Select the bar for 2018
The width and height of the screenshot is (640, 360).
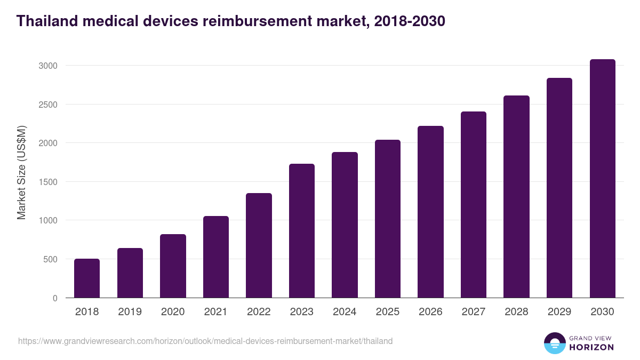(87, 278)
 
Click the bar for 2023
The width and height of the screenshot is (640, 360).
(302, 231)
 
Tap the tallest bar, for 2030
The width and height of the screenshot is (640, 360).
(602, 179)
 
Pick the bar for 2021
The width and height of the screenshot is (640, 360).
(216, 257)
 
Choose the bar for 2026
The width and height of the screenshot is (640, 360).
(430, 212)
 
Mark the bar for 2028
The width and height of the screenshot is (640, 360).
(516, 197)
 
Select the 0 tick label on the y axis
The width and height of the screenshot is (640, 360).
(54, 298)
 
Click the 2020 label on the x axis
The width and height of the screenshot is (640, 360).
(173, 312)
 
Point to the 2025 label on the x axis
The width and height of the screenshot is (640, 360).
(388, 312)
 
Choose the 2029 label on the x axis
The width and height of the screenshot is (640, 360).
(559, 312)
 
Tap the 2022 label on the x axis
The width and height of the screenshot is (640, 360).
(259, 312)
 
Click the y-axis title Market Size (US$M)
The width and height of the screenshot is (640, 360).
(21, 172)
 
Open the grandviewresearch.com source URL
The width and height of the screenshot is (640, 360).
(205, 341)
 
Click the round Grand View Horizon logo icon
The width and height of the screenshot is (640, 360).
(554, 343)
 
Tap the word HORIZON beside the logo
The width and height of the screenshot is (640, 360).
(591, 347)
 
